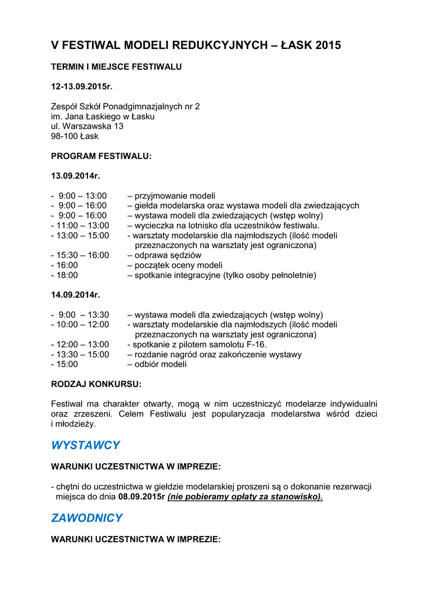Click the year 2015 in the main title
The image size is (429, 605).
click(328, 45)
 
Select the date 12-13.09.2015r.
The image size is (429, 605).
click(82, 86)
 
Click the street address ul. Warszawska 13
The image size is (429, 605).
click(87, 126)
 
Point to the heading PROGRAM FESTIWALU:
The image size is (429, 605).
click(101, 156)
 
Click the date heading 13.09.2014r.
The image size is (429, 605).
click(76, 175)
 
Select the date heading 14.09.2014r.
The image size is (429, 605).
click(76, 295)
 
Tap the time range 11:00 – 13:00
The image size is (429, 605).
click(83, 225)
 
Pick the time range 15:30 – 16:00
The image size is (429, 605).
click(83, 255)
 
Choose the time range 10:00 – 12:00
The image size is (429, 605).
click(83, 324)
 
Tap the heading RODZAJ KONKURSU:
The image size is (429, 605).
click(96, 384)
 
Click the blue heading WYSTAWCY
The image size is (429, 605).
click(86, 445)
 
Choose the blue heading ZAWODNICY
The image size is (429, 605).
click(87, 518)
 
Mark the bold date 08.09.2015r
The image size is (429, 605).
click(141, 497)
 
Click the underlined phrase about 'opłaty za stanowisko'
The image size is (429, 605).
click(245, 497)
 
